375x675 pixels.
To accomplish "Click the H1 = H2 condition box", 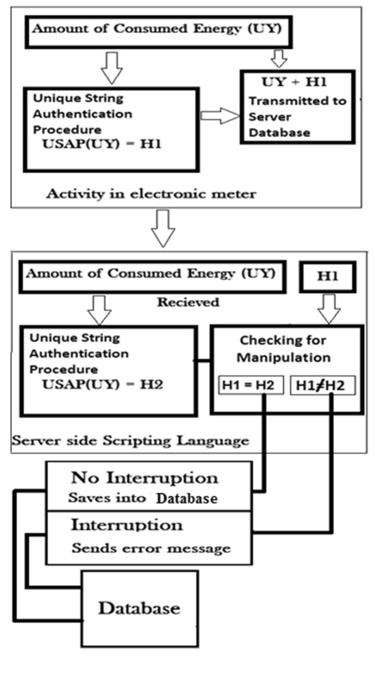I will click(251, 385).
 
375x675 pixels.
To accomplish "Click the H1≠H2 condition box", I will click(322, 385).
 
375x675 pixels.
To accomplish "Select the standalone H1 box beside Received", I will click(327, 276).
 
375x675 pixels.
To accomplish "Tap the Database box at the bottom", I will click(140, 608).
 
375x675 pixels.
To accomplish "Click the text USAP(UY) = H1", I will click(102, 144).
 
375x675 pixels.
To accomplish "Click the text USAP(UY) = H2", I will click(103, 384).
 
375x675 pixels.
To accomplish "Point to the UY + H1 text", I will click(294, 82).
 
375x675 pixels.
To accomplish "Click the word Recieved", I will click(188, 302).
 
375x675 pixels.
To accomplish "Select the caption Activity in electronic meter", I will click(151, 194).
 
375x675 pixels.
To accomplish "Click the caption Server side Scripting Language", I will click(131, 441).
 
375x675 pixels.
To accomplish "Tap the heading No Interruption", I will click(145, 478).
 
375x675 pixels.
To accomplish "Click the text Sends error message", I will click(151, 548).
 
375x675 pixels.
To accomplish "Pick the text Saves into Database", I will click(143, 498).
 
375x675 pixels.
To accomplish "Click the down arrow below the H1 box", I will click(329, 308).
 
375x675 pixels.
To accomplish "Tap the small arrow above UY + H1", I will click(279, 59).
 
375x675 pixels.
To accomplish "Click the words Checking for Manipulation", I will click(283, 349).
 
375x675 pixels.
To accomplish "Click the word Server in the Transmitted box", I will click(270, 117).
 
